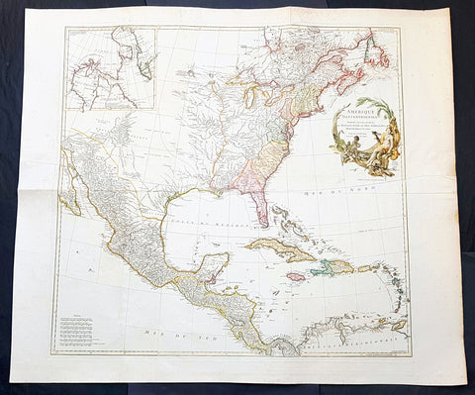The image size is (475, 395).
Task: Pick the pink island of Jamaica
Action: pyautogui.click(x=295, y=276)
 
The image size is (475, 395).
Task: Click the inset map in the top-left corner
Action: pyautogui.click(x=110, y=67)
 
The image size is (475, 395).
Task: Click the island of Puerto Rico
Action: pyautogui.click(x=365, y=267)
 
